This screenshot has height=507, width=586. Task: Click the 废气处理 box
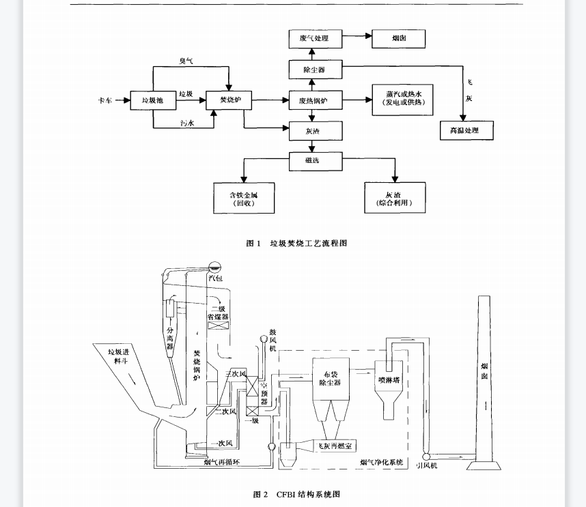[x=314, y=39]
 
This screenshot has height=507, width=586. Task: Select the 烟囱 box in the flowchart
[x=398, y=39]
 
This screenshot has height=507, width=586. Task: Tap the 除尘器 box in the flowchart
[x=314, y=70]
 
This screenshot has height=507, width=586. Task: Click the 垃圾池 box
[x=152, y=101]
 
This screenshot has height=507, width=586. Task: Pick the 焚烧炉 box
[x=225, y=101]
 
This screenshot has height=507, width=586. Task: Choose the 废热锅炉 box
[x=314, y=101]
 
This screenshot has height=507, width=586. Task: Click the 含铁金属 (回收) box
[x=244, y=198]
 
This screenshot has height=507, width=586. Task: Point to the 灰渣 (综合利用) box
[x=394, y=198]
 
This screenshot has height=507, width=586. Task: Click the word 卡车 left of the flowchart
[x=104, y=101]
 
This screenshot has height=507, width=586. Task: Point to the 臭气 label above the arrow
[x=186, y=61]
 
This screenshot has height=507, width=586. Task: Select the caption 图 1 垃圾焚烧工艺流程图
[x=296, y=244]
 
